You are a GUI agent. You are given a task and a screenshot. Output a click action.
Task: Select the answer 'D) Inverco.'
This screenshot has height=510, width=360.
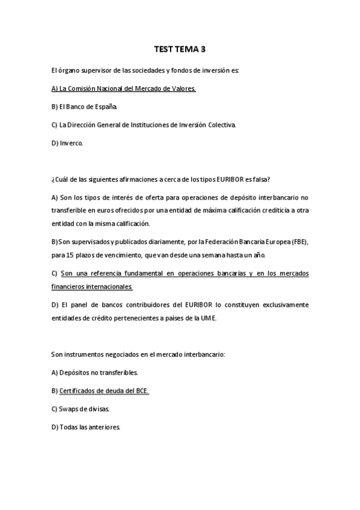click(x=67, y=143)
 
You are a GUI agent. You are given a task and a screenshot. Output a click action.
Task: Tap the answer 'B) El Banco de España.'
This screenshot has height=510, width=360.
click(x=85, y=106)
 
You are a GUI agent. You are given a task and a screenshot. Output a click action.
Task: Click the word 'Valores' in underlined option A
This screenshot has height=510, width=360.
click(x=183, y=88)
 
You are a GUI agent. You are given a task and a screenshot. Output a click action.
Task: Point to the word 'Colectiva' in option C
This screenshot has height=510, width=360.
click(x=221, y=125)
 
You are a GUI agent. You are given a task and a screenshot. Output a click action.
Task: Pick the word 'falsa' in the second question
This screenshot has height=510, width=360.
click(x=262, y=179)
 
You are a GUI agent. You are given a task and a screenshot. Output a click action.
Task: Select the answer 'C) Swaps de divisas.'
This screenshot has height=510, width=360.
click(x=81, y=409)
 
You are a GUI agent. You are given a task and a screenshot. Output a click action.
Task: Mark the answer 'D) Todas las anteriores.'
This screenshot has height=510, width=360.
click(x=86, y=427)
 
